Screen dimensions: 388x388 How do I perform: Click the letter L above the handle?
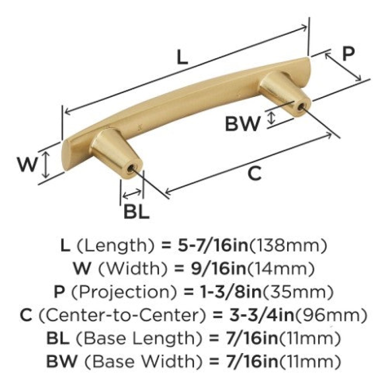click(x=183, y=57)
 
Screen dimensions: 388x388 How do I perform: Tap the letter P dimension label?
click(x=348, y=53)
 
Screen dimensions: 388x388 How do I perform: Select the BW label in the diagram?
click(x=243, y=124)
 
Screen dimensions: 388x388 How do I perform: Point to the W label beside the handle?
click(x=27, y=164)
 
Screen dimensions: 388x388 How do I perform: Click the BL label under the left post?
click(x=136, y=212)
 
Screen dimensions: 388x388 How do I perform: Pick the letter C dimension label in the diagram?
click(x=254, y=174)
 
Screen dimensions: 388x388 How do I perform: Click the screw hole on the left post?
click(x=131, y=169)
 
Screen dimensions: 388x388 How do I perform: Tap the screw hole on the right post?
click(x=301, y=107)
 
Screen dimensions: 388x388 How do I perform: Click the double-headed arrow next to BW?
click(x=272, y=118)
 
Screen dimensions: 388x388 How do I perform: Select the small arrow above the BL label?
click(x=132, y=194)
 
